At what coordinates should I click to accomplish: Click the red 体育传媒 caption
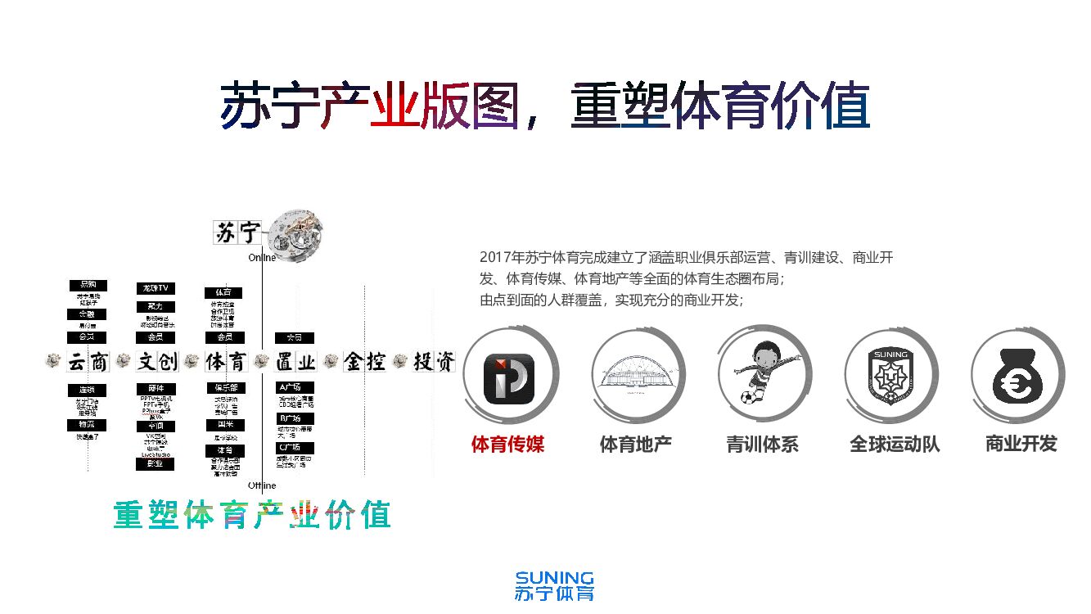[x=507, y=445]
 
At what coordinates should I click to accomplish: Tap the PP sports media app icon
[x=510, y=379]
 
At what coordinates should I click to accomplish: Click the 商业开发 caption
[x=1021, y=444]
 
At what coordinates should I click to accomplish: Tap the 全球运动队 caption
[x=895, y=445]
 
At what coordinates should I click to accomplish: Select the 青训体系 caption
[x=762, y=445]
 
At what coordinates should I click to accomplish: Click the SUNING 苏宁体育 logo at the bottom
[x=554, y=586]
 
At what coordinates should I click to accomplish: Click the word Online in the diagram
[x=262, y=258]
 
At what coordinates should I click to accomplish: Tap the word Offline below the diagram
[x=262, y=486]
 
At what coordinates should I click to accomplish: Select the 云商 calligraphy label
[x=88, y=361]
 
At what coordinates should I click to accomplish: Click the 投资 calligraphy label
[x=434, y=361]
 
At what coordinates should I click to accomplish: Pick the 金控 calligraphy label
[x=365, y=361]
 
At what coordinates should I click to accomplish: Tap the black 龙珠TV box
[x=155, y=288]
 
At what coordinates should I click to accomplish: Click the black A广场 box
[x=294, y=386]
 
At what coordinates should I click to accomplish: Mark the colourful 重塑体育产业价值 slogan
[x=251, y=514]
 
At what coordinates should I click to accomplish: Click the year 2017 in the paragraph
[x=494, y=257]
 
